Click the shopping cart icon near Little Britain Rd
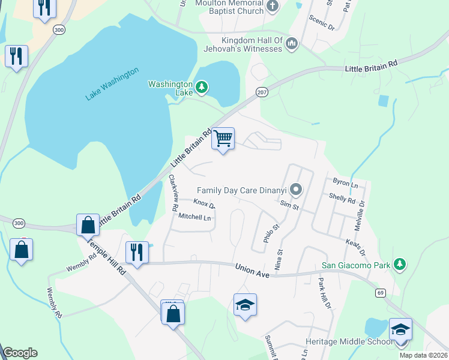tap(223, 139)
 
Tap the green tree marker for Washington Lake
tap(202, 88)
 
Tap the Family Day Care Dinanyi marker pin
tap(295, 190)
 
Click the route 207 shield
tap(262, 91)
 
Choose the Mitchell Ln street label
tap(195, 217)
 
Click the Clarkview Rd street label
tap(173, 192)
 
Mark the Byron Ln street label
tap(345, 183)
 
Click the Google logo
tap(20, 353)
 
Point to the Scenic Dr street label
tap(322, 22)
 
